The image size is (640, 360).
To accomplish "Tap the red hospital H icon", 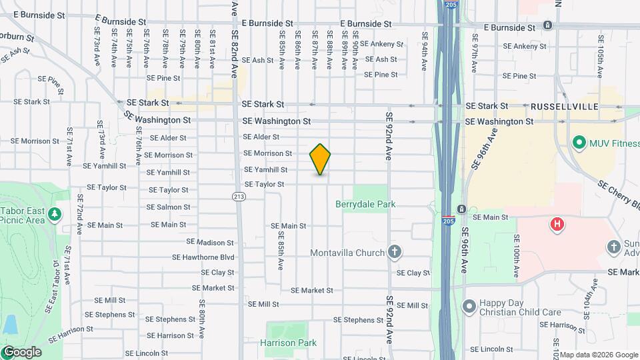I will (x=557, y=224).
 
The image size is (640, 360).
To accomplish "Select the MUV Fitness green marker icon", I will (x=579, y=142).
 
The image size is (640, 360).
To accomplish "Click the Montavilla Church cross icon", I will (x=395, y=252).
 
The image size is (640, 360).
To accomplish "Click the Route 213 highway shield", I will (x=239, y=196).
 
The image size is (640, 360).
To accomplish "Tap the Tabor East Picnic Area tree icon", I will (x=55, y=214).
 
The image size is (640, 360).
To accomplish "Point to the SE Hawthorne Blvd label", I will (x=203, y=257).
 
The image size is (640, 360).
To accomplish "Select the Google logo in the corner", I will (x=21, y=352).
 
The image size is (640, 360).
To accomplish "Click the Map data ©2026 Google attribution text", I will (x=598, y=355).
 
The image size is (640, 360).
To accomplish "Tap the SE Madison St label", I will (x=210, y=242).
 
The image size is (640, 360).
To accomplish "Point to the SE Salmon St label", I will (x=168, y=207).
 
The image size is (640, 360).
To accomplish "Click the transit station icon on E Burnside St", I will (x=547, y=25).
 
